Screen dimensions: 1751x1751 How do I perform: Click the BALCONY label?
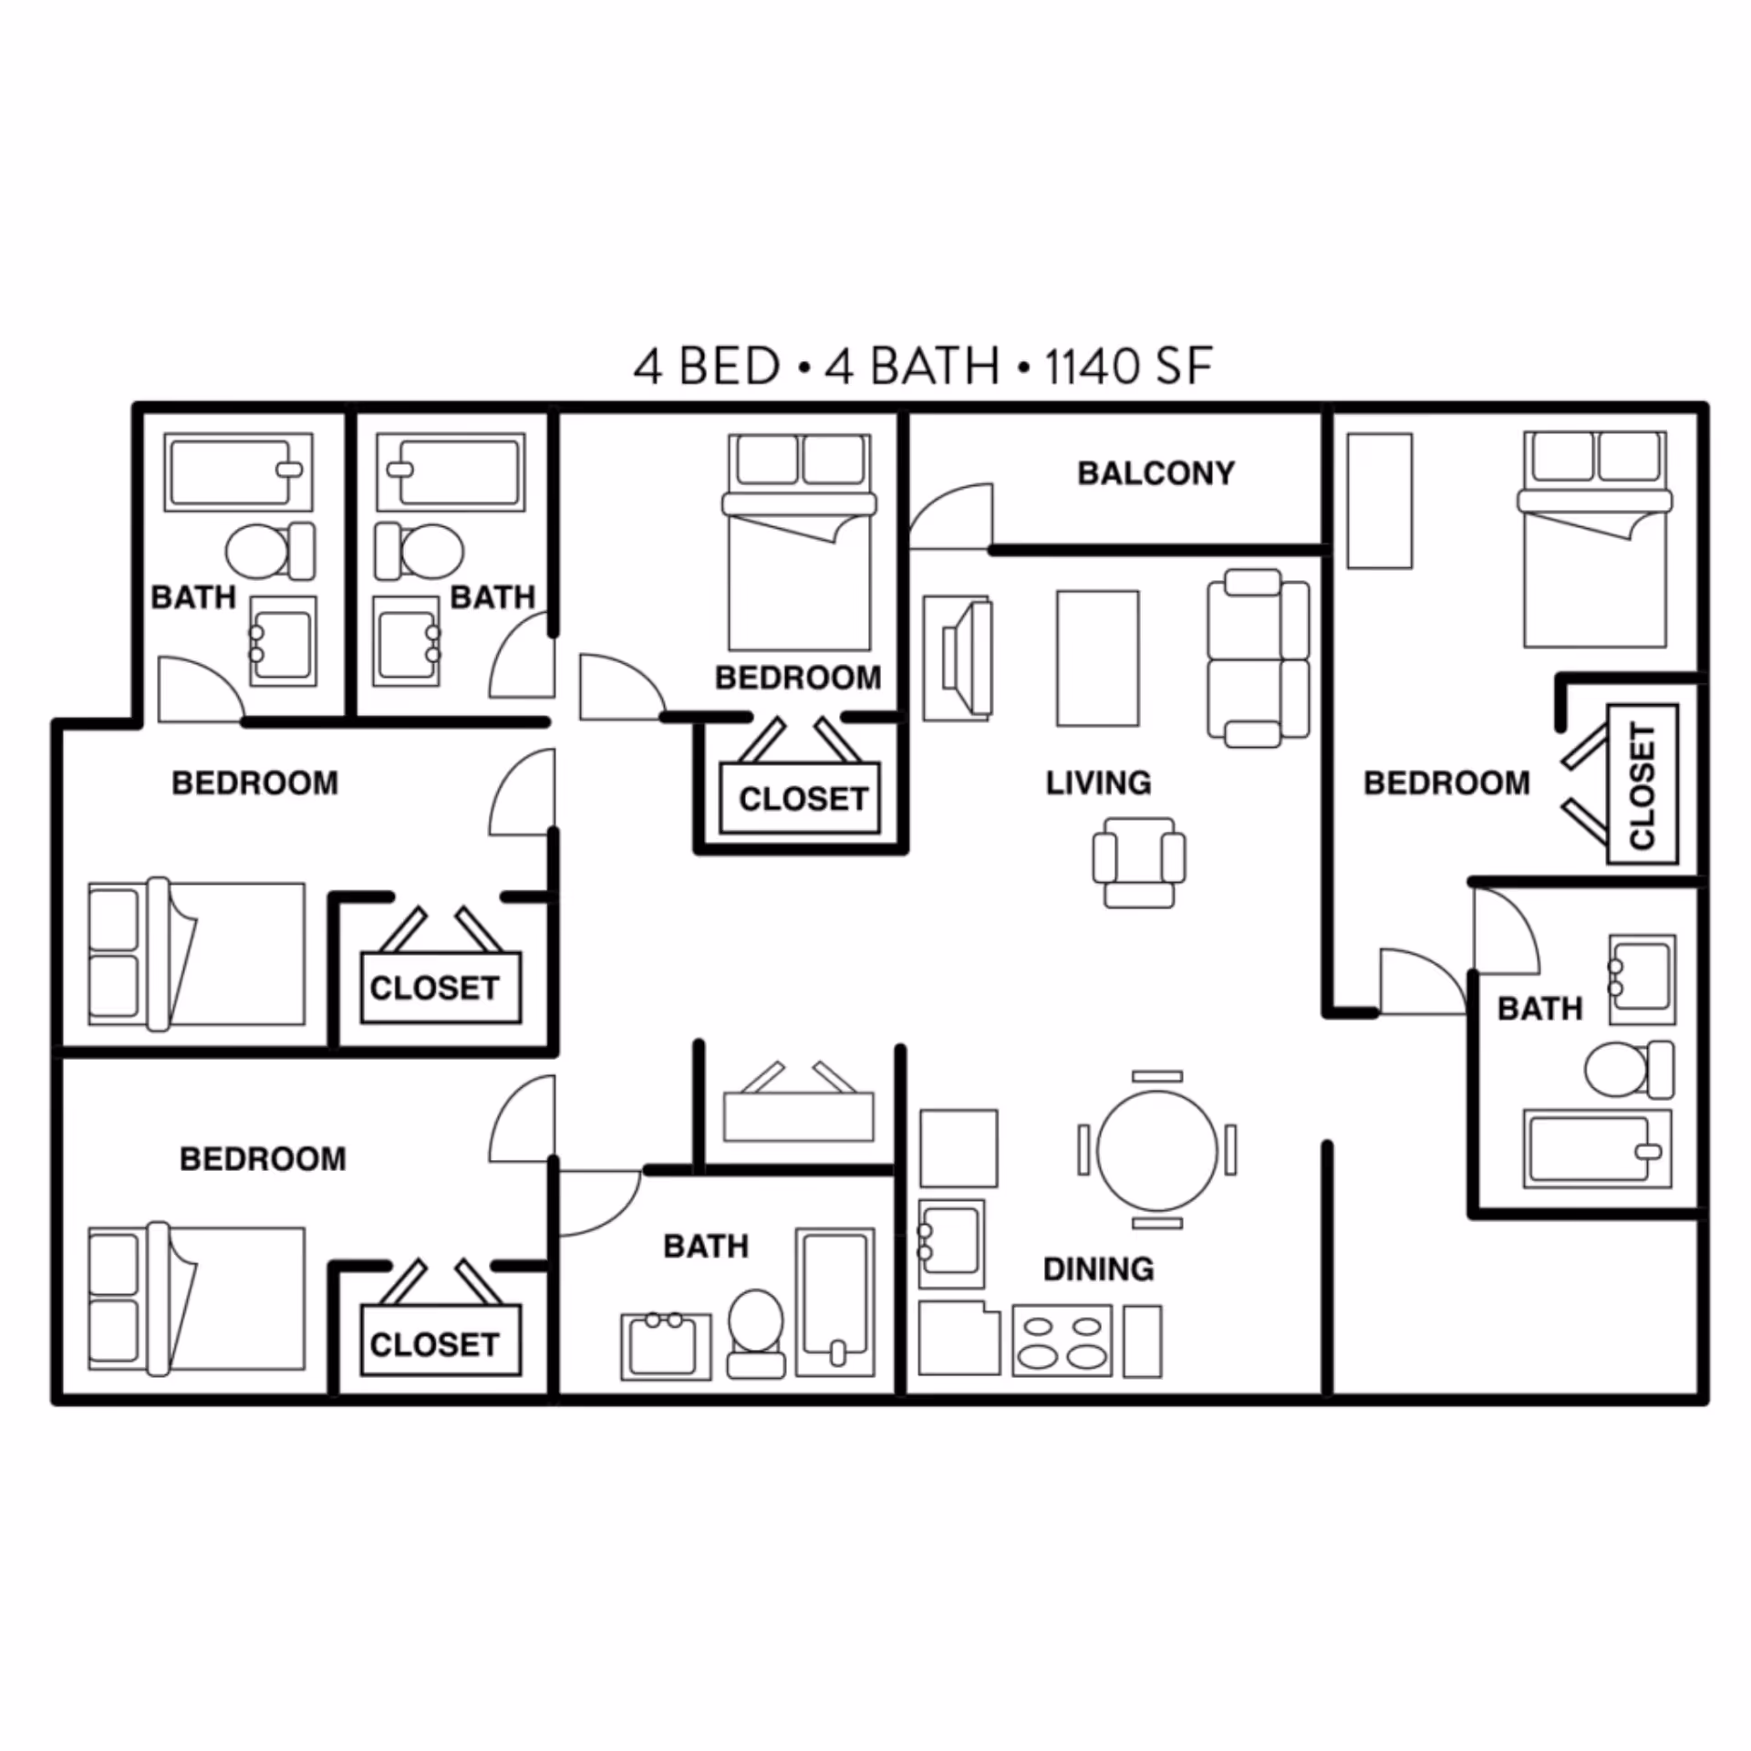[1155, 473]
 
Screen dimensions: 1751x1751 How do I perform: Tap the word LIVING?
[1098, 782]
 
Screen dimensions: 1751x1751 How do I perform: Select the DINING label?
[1098, 1269]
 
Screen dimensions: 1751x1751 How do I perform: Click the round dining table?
[1157, 1150]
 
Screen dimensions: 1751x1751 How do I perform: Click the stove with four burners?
[1062, 1341]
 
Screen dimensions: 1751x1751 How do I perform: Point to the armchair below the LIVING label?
[1139, 862]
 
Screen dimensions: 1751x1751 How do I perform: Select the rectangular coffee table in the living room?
[1097, 658]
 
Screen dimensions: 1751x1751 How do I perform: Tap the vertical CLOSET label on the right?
[1642, 784]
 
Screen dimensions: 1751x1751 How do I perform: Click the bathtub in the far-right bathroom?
[1596, 1149]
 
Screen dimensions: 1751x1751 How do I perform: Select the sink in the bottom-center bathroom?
[665, 1346]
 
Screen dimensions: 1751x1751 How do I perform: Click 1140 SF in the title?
[1128, 367]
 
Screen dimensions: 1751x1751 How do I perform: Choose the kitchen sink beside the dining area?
[951, 1242]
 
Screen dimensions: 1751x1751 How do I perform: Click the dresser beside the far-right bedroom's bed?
[1379, 501]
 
